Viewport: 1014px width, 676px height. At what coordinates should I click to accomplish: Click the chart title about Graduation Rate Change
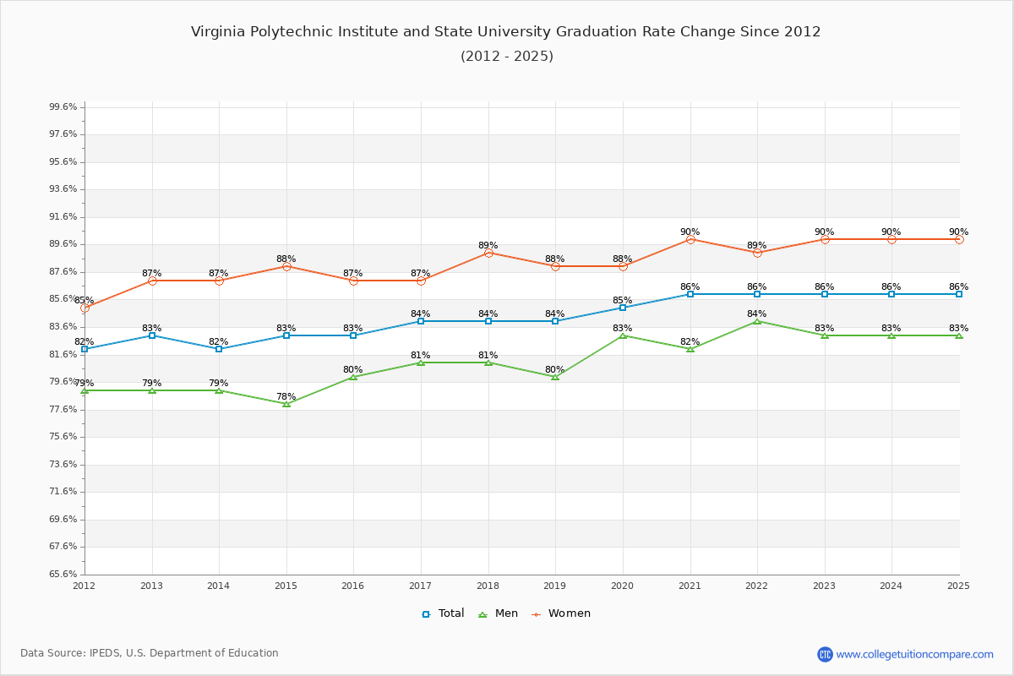click(505, 32)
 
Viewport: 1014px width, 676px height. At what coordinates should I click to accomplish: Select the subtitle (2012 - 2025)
click(506, 57)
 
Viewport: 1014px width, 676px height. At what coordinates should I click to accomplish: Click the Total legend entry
click(443, 613)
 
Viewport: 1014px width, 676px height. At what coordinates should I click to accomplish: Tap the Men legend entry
click(499, 613)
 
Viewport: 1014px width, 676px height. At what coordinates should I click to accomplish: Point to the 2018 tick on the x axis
click(488, 585)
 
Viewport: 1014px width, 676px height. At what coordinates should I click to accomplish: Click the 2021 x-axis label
click(690, 585)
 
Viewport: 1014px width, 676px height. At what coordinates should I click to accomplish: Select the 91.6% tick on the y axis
click(63, 217)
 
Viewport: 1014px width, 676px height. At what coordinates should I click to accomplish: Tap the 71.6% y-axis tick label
click(63, 492)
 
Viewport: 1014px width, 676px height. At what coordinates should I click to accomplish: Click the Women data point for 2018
click(488, 253)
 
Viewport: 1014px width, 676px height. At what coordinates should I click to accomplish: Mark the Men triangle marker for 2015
click(286, 404)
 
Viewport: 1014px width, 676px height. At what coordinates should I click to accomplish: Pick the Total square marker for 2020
click(623, 308)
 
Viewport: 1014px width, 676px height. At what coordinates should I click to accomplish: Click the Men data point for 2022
click(757, 321)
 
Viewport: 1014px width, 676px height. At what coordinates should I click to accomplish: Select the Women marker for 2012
click(84, 308)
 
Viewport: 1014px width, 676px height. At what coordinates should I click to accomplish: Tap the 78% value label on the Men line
click(286, 396)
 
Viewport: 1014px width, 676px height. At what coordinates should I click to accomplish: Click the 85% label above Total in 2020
click(622, 300)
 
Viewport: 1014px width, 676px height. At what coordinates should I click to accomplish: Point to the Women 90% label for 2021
click(690, 232)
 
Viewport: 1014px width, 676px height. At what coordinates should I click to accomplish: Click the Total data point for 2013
click(152, 335)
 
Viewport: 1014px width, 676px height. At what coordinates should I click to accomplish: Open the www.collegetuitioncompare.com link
click(914, 654)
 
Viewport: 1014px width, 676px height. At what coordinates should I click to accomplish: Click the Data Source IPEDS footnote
click(150, 653)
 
